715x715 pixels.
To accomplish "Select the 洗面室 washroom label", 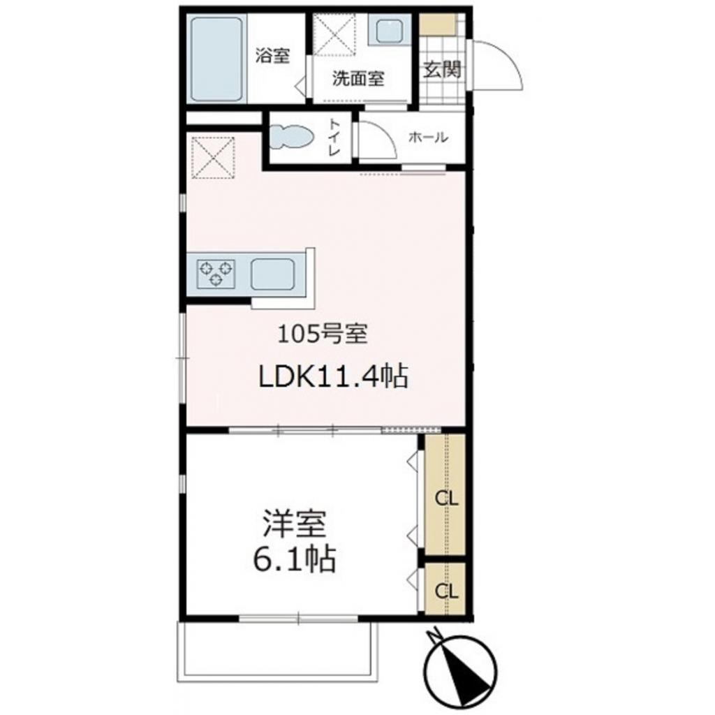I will (357, 78).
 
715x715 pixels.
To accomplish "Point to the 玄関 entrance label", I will (443, 70).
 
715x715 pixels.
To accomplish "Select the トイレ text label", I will (334, 138).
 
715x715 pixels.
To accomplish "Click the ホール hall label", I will (428, 138).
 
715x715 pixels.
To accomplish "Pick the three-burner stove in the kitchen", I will (216, 273).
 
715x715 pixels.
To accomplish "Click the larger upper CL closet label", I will (446, 499).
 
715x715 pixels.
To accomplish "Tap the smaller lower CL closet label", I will (446, 591).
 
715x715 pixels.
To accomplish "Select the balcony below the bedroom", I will (279, 649).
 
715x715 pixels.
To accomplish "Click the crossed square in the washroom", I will (334, 34).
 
